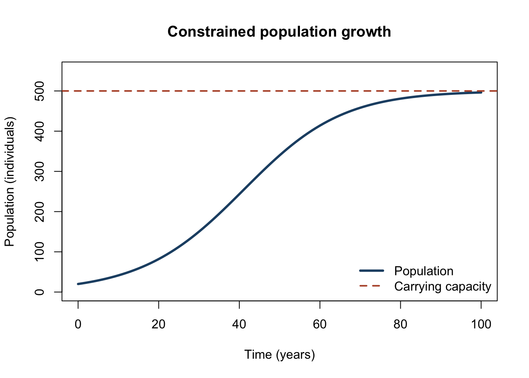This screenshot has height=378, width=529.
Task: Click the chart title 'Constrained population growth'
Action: [x=279, y=31]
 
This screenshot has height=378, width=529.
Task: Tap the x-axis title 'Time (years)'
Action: [x=279, y=355]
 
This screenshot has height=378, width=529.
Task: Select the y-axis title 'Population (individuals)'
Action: [x=10, y=182]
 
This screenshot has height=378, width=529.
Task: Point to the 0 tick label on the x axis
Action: [x=78, y=324]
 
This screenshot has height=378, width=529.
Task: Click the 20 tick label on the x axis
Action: [x=159, y=324]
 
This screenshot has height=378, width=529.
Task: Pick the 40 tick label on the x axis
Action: [x=239, y=324]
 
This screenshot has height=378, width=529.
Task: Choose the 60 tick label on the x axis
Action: [x=320, y=324]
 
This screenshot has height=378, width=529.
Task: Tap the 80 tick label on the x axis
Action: [x=401, y=324]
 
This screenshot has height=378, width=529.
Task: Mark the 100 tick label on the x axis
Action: [x=481, y=324]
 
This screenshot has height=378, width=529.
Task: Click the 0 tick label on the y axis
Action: [x=39, y=292]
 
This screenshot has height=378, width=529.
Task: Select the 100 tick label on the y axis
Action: [x=39, y=252]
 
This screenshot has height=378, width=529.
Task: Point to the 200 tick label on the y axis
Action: [x=39, y=212]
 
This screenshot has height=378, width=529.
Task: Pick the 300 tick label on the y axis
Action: [x=39, y=171]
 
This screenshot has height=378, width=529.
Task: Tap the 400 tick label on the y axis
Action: [x=39, y=131]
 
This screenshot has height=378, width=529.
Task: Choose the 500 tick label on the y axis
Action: [x=39, y=91]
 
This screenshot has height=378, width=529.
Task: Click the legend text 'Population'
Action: [x=424, y=271]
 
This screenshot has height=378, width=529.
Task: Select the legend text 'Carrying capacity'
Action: [x=442, y=287]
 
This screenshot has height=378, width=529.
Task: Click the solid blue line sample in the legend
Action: [x=372, y=271]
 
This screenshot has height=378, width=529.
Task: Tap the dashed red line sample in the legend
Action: [x=370, y=286]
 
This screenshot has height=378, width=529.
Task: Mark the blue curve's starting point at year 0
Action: [x=78, y=284]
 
